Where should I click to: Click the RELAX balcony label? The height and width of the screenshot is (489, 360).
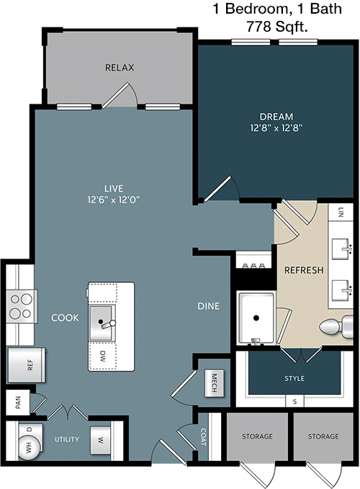120,68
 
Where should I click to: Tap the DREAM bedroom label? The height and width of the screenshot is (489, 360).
276,117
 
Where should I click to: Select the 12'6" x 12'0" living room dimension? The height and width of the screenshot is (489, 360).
114,199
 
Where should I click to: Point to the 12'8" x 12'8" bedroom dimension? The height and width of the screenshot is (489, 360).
276,128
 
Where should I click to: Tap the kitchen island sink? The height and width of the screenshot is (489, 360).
102,323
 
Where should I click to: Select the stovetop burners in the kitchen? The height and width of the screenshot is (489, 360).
22,306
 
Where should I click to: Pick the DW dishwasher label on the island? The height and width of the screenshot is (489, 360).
103,356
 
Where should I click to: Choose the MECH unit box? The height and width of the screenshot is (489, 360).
215,383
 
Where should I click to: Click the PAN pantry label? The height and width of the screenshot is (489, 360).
18,403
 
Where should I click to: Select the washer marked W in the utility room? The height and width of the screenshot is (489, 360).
100,440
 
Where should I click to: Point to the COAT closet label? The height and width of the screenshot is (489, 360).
203,436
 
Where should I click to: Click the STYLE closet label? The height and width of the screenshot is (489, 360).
294,378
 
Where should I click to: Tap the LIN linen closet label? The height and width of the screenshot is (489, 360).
341,212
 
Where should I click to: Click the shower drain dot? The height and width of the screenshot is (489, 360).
256,318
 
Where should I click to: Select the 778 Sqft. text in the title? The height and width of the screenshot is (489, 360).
277,27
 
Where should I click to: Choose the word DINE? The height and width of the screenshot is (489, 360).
209,306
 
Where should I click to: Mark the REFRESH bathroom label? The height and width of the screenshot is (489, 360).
304,270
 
